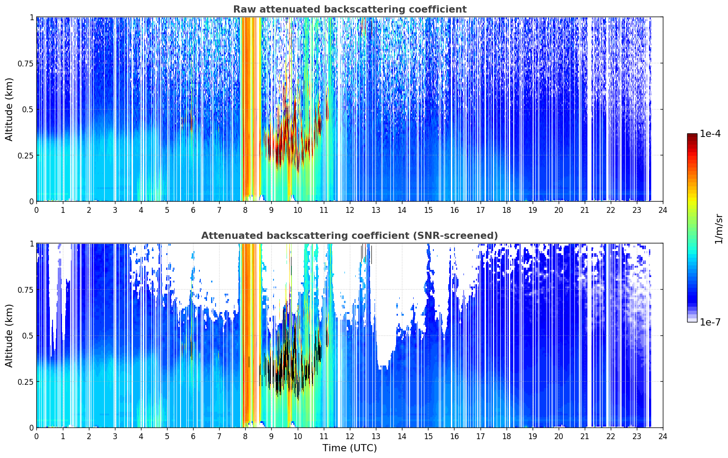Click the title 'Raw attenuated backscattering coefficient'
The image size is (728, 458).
pos(350,9)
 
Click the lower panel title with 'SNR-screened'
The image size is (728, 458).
pos(350,235)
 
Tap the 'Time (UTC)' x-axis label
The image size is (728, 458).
pos(350,448)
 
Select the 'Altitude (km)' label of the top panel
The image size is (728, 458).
pos(9,109)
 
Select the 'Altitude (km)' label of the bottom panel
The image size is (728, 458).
pos(9,335)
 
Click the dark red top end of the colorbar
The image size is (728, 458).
pos(692,135)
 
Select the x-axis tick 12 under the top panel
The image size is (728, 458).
pos(350,210)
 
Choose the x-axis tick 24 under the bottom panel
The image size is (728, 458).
pos(663,436)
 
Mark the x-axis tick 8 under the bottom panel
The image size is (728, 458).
pos(245,436)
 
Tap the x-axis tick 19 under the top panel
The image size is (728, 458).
pos(532,210)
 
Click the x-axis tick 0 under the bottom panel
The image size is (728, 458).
pos(36,436)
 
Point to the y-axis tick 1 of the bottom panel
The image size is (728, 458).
pos(31,244)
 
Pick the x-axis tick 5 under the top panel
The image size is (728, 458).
pos(167,210)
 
